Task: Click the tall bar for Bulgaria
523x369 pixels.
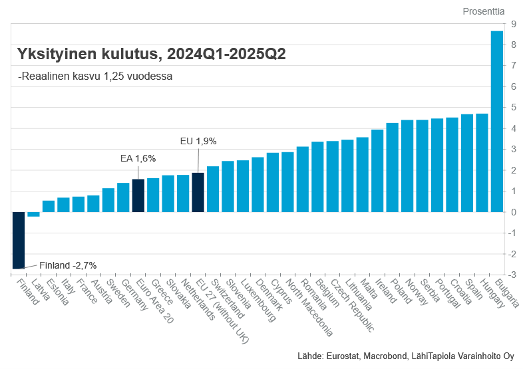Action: pyautogui.click(x=496, y=122)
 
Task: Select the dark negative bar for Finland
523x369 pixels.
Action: pyautogui.click(x=19, y=240)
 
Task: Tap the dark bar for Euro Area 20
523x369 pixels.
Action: pyautogui.click(x=138, y=195)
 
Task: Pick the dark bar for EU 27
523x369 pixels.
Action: pyautogui.click(x=198, y=192)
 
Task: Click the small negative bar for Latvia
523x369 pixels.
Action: pyautogui.click(x=33, y=214)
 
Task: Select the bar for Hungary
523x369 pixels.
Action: pyautogui.click(x=482, y=163)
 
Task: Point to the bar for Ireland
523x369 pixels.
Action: pyautogui.click(x=377, y=171)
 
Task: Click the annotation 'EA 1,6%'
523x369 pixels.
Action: pyautogui.click(x=138, y=158)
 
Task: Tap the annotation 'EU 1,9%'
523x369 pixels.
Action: pyautogui.click(x=198, y=141)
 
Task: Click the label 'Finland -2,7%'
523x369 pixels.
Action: pyautogui.click(x=68, y=265)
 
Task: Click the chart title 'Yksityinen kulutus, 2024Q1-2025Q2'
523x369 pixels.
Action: pyautogui.click(x=152, y=54)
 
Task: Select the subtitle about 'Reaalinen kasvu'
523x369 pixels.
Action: pyautogui.click(x=95, y=76)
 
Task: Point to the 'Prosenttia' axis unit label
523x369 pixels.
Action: pyautogui.click(x=483, y=11)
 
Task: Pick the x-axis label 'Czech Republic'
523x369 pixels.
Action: pyautogui.click(x=353, y=305)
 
